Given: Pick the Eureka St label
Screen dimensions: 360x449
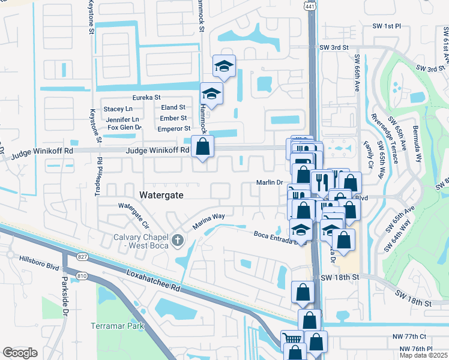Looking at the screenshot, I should pyautogui.click(x=146, y=97).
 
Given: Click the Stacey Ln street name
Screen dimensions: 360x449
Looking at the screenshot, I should pyautogui.click(x=118, y=109).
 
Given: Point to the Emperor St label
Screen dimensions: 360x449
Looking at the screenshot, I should pyautogui.click(x=173, y=128).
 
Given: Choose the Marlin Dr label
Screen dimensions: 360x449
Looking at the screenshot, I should pyautogui.click(x=270, y=182).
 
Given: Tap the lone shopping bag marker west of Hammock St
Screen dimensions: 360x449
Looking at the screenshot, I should pyautogui.click(x=203, y=147).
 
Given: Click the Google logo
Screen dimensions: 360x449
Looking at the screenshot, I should pyautogui.click(x=20, y=353).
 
